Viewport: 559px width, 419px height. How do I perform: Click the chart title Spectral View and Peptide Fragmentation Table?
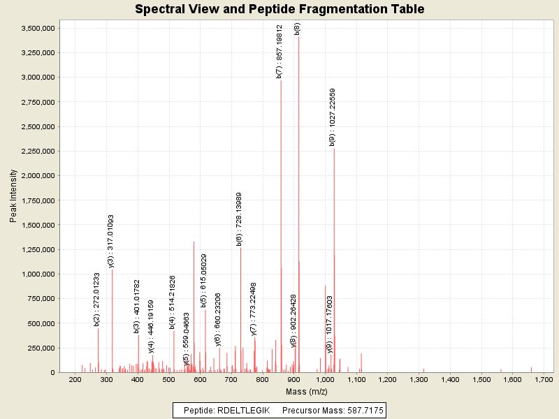[279, 9]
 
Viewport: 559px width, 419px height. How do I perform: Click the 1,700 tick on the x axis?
[544, 379]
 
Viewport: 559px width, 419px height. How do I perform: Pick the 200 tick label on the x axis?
[75, 379]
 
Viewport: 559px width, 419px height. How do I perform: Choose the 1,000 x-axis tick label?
[325, 379]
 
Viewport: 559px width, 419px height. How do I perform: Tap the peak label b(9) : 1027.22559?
[333, 117]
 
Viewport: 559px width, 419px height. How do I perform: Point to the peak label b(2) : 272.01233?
[97, 300]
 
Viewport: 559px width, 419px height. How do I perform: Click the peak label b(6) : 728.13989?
[239, 219]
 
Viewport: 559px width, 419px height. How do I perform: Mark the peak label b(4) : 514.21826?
[173, 302]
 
